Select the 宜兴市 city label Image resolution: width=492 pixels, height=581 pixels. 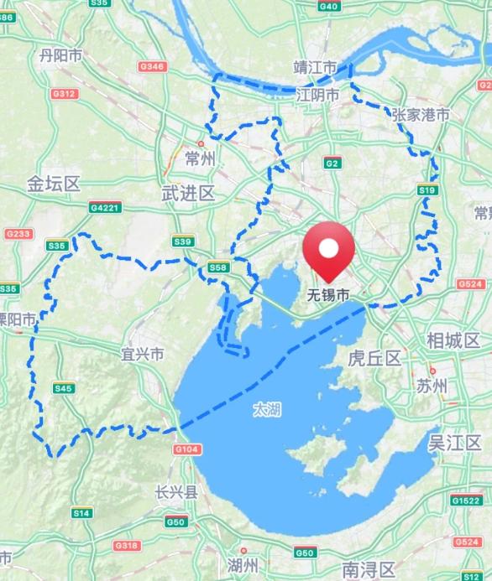(142, 355)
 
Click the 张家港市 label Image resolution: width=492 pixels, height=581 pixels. (420, 115)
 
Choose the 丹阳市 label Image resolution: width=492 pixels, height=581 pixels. (60, 55)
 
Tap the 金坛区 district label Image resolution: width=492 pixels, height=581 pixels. (53, 184)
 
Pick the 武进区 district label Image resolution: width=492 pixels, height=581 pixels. (187, 194)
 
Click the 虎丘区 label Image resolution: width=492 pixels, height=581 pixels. (375, 359)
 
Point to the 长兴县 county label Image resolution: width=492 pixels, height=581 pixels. (175, 493)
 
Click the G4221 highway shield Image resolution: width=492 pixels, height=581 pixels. (105, 207)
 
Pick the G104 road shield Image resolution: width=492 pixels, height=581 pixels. (187, 450)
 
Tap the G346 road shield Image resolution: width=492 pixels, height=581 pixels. (153, 66)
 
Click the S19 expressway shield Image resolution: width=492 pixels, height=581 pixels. (427, 191)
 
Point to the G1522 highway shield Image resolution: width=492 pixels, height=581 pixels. (465, 501)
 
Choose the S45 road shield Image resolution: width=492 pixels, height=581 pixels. (63, 388)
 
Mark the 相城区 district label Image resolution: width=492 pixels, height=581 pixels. (453, 340)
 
